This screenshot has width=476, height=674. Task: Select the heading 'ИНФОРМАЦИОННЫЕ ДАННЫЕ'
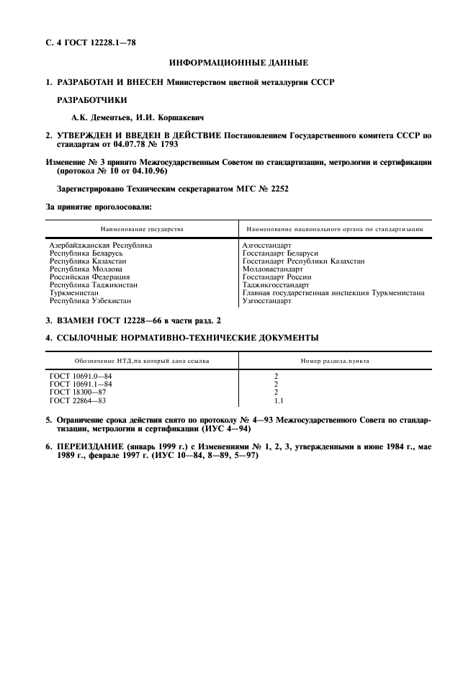pos(238,63)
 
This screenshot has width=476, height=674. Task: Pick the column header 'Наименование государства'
pos(142,229)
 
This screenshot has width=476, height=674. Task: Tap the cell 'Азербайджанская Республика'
pos(101,246)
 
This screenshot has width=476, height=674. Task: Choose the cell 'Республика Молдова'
pos(86,269)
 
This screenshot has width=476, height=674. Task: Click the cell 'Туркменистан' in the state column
pos(75,293)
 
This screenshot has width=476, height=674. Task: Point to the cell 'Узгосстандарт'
pos(267,301)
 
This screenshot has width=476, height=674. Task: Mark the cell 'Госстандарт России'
pos(277,277)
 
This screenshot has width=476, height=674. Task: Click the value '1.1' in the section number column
pos(278,400)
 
